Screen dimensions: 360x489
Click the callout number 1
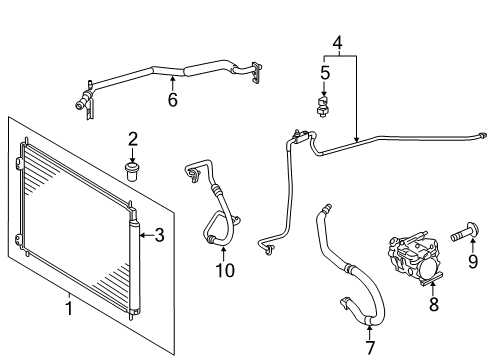coord(69,308)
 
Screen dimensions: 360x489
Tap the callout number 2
coord(132,138)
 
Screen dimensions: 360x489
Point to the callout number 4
coord(338,43)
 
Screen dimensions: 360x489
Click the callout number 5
coord(325,72)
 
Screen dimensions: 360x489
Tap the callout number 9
coord(473,263)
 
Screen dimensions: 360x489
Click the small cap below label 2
coord(132,165)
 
